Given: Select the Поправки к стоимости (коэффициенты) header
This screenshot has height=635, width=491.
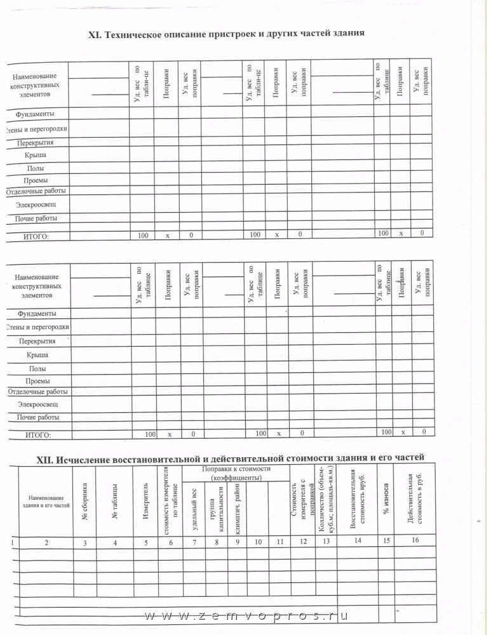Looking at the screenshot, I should [236, 472].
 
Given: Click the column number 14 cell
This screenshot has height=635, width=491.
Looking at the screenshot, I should [357, 540].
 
